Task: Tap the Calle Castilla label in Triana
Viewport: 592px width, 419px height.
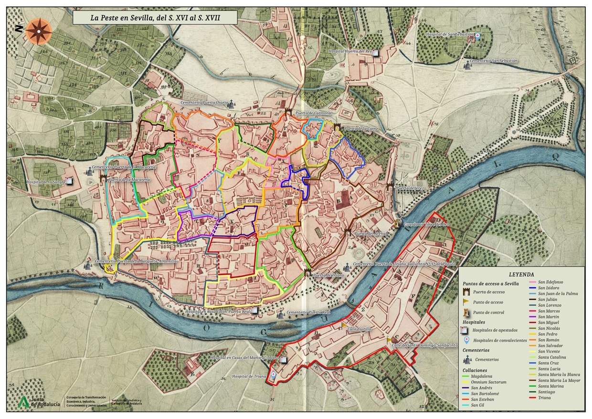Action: click(x=359, y=329)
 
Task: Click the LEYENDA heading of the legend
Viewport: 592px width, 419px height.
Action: click(x=521, y=275)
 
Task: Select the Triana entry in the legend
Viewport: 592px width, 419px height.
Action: click(x=545, y=398)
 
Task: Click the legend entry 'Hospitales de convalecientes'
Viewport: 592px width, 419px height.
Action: click(x=499, y=341)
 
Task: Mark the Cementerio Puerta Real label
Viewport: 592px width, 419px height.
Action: click(x=308, y=312)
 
